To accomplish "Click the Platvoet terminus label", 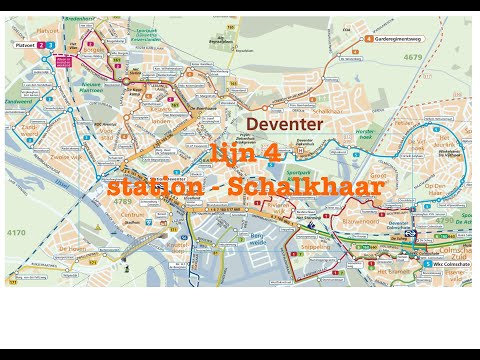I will click(23, 45).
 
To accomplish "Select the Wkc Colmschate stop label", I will click(447, 264).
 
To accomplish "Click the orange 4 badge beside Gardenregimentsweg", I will click(369, 40).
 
